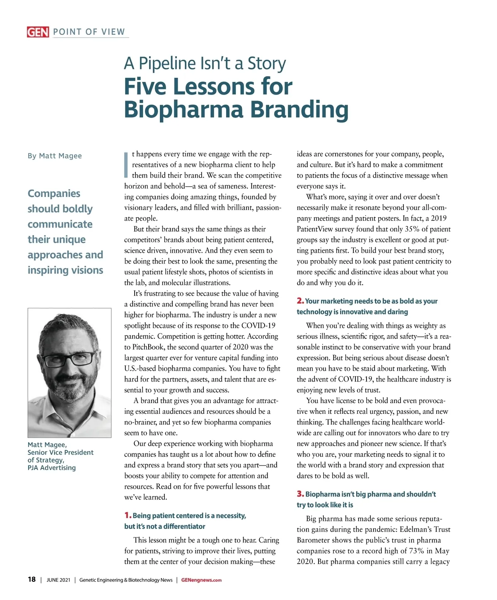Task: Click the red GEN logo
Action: tap(38, 32)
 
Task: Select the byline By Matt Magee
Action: tap(55, 156)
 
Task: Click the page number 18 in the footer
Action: tap(31, 580)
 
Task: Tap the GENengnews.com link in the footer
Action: tap(201, 580)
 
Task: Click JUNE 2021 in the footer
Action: tap(58, 580)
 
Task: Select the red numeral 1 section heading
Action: tap(128, 516)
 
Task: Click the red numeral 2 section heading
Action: tap(300, 301)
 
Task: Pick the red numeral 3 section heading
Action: tap(300, 494)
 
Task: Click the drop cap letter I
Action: tap(126, 165)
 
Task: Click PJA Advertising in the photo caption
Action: tap(52, 468)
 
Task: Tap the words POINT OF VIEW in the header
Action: tap(89, 32)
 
